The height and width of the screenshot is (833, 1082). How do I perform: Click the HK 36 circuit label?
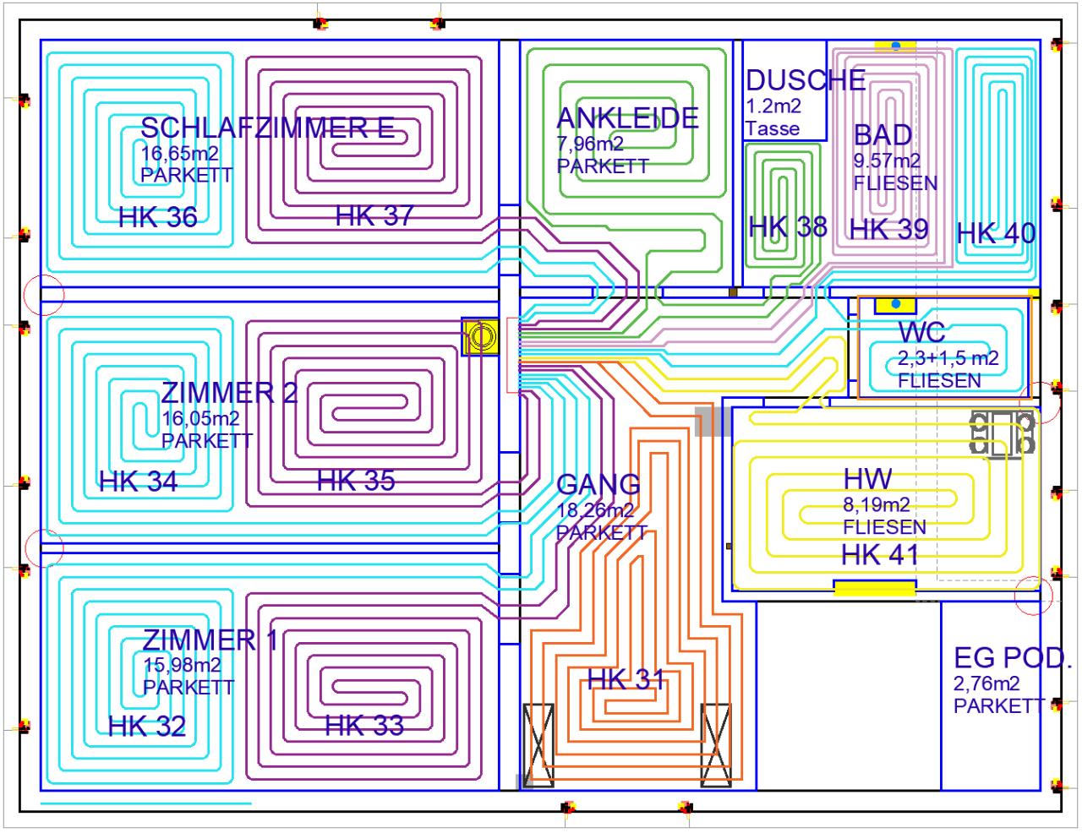[157, 217]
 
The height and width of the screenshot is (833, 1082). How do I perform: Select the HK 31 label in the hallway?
[626, 679]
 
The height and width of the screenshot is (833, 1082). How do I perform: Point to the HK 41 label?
[879, 555]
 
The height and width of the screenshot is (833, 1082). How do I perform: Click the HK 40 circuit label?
[996, 233]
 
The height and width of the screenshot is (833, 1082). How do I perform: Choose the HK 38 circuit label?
[787, 226]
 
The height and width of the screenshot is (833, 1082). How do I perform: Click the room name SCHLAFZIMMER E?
[267, 128]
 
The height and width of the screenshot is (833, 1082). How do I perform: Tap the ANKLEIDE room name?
[627, 118]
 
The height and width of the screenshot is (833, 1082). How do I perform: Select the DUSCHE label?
[805, 80]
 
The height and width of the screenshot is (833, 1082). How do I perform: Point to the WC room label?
[921, 332]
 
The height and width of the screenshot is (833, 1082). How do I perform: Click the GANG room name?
[598, 484]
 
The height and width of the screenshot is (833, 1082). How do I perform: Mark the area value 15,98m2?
[182, 665]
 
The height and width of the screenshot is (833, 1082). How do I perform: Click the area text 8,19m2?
[876, 505]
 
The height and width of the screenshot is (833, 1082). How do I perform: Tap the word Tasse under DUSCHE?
[772, 128]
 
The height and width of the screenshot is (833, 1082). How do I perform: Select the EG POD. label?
[1012, 657]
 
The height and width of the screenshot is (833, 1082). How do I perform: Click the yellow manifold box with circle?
[481, 337]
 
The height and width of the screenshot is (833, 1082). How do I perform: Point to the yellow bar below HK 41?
[875, 588]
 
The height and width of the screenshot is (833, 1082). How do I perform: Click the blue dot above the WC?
[897, 303]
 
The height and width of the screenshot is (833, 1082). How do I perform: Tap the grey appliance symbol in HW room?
[1003, 433]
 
